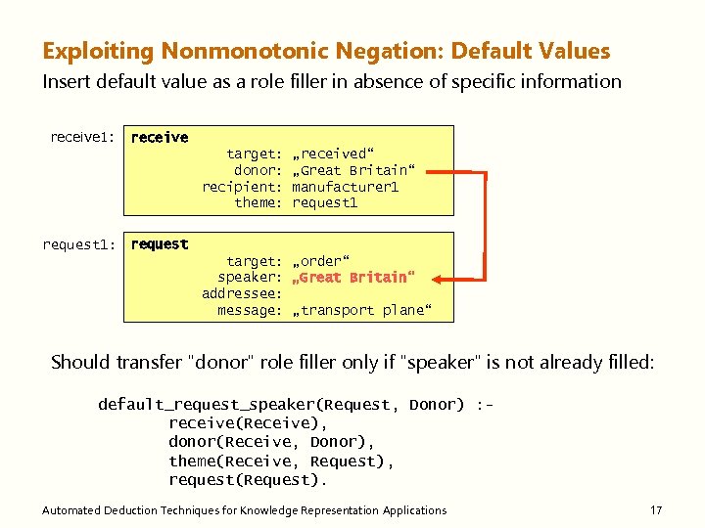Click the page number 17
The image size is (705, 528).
pyautogui.click(x=656, y=510)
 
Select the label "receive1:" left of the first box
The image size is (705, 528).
pyautogui.click(x=83, y=138)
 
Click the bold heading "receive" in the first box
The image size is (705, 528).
pyautogui.click(x=160, y=138)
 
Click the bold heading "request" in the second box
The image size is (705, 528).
pyautogui.click(x=160, y=244)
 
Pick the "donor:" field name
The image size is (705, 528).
pyautogui.click(x=258, y=170)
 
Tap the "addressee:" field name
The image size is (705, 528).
pyautogui.click(x=242, y=294)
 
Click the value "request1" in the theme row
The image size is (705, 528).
pyautogui.click(x=325, y=203)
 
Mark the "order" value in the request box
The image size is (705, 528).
pyautogui.click(x=320, y=261)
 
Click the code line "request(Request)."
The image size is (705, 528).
pyautogui.click(x=248, y=479)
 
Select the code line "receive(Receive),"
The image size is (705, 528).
pyautogui.click(x=248, y=423)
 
